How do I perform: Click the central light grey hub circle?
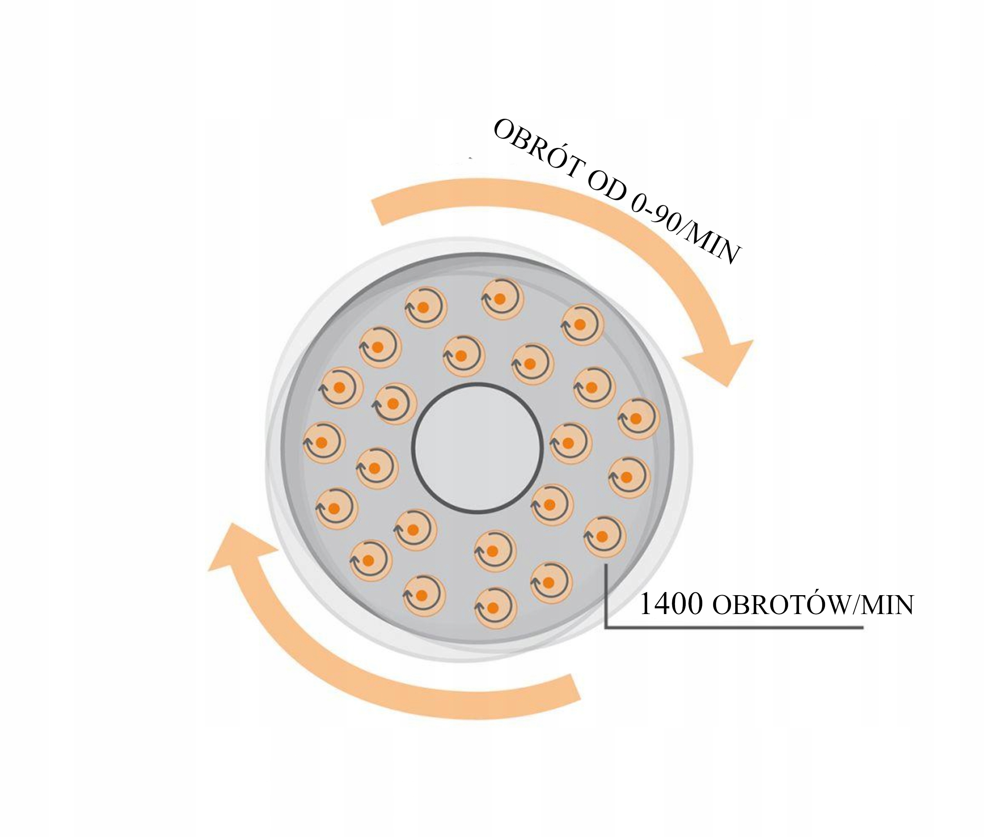[477, 447]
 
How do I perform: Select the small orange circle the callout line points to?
[605, 536]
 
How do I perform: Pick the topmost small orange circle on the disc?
[502, 299]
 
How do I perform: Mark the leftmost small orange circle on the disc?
[324, 443]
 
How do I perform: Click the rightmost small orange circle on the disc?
[639, 418]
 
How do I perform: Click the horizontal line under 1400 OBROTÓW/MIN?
[735, 627]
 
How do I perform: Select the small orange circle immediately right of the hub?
[570, 443]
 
